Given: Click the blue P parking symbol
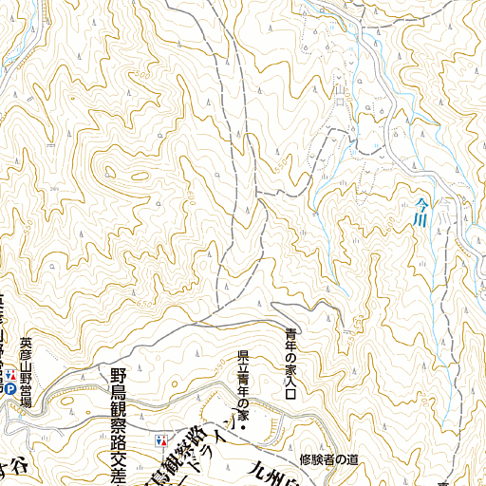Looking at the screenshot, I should pyautogui.click(x=9, y=388).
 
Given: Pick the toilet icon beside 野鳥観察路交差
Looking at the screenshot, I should pyautogui.click(x=161, y=441).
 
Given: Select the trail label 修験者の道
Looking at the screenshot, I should pyautogui.click(x=328, y=460).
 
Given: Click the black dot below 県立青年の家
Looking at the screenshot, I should pyautogui.click(x=244, y=429).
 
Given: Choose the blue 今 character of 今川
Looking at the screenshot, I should pyautogui.click(x=421, y=199).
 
